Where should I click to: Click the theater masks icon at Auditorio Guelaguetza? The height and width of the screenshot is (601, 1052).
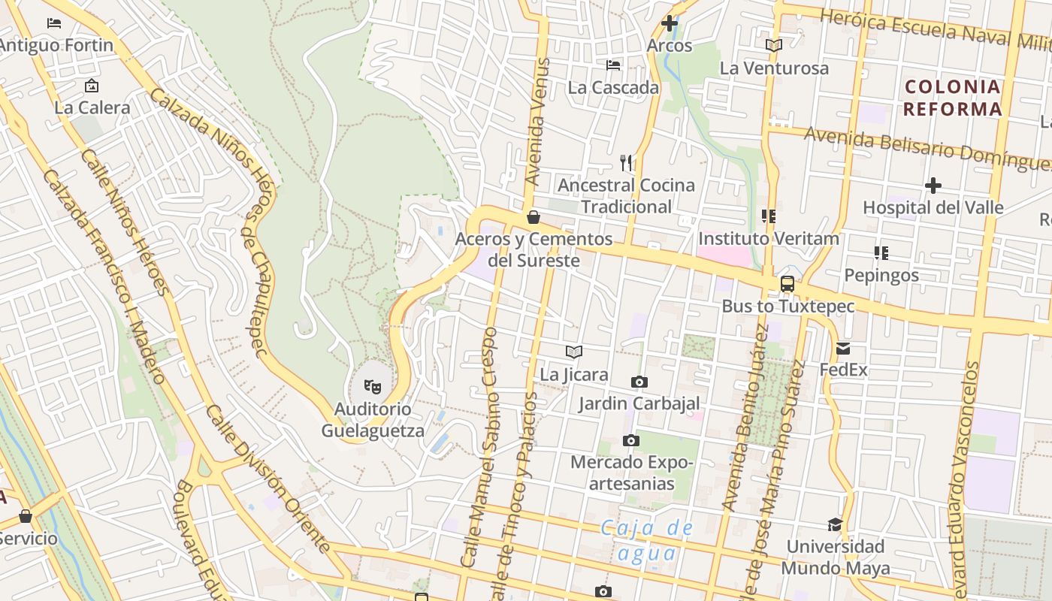(372, 387)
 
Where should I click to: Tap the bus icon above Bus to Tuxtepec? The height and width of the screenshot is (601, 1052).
(787, 284)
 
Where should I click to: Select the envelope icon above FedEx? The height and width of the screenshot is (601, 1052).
(842, 348)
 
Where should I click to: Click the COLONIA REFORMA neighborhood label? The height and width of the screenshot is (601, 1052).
(953, 98)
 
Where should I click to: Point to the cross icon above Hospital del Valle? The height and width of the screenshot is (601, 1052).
(933, 185)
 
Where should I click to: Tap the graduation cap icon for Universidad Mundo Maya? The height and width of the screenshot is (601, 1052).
(835, 524)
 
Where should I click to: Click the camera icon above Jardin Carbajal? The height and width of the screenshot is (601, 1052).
(639, 382)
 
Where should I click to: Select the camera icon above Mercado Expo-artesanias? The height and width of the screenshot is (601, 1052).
(631, 440)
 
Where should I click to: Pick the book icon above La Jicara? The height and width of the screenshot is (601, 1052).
(574, 352)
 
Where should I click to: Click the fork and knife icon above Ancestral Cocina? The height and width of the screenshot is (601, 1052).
(626, 162)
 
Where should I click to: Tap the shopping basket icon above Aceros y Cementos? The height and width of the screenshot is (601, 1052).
(534, 217)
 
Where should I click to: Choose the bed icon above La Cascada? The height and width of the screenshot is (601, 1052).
(613, 65)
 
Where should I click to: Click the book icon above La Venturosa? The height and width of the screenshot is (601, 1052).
(774, 46)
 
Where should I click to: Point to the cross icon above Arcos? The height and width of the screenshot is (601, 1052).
(669, 23)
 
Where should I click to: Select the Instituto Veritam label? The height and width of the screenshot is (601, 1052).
(768, 239)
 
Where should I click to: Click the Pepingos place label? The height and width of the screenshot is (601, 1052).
(881, 275)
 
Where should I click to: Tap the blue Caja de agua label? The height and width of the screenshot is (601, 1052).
(647, 541)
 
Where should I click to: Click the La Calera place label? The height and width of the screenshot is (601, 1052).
(92, 107)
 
